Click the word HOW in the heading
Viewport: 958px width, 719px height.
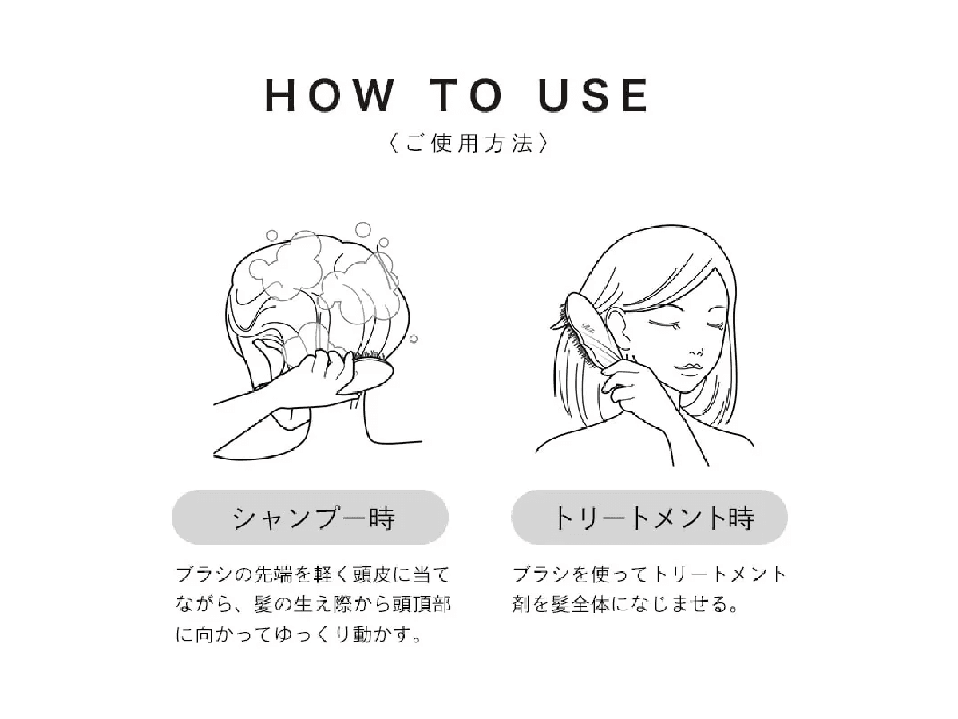(329, 96)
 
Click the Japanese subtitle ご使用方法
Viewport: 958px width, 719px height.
(467, 144)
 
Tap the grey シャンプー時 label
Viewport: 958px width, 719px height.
(310, 518)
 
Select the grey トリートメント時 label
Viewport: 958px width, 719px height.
(649, 518)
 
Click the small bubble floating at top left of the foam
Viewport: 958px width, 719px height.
(272, 236)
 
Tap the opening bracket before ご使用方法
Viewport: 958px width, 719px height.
(390, 144)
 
